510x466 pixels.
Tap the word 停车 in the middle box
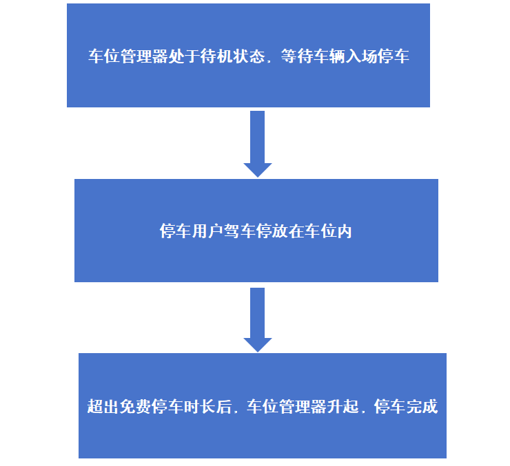[175, 231]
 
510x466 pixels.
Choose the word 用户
[207, 231]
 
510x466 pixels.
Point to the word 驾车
[239, 231]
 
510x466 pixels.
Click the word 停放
[272, 231]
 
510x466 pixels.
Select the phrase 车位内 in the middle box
[328, 231]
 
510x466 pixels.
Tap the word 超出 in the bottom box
[103, 407]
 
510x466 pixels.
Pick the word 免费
[136, 407]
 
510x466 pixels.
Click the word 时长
[200, 407]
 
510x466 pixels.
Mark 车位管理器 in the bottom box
[287, 407]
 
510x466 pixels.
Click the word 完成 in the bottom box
[422, 407]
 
